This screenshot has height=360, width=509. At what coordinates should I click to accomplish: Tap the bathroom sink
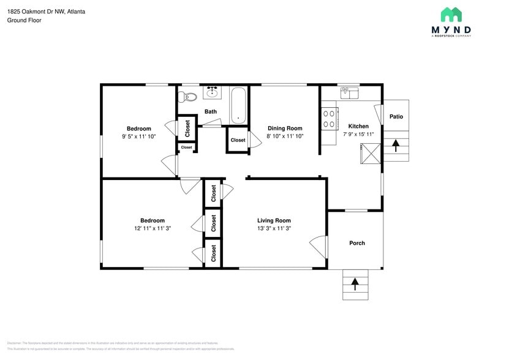[213, 92]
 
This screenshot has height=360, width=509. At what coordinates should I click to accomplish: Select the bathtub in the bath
[238, 105]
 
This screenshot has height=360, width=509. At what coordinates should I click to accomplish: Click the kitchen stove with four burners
[330, 118]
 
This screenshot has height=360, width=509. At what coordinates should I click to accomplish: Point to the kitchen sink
[349, 92]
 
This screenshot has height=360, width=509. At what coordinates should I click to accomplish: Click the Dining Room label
[285, 129]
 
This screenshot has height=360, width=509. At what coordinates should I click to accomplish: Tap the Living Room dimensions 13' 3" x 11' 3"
[274, 228]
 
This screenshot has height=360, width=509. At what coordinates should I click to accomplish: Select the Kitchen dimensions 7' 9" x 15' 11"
[358, 134]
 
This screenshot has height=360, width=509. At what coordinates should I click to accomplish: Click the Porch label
[357, 243]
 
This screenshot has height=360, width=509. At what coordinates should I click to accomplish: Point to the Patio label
[396, 116]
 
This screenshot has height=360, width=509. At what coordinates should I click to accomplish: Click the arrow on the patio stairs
[396, 146]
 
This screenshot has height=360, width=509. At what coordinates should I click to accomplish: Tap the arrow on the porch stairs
[355, 284]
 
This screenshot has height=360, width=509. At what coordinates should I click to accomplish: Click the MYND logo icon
[451, 15]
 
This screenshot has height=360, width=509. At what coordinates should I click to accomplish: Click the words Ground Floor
[24, 20]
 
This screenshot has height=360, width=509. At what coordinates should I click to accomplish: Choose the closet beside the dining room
[238, 140]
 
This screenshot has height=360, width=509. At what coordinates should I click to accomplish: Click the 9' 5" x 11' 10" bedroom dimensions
[139, 137]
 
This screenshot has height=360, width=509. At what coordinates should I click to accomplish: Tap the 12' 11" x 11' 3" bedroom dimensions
[152, 228]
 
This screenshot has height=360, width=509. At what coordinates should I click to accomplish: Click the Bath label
[211, 111]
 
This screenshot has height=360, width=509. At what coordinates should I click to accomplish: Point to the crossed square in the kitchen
[371, 153]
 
